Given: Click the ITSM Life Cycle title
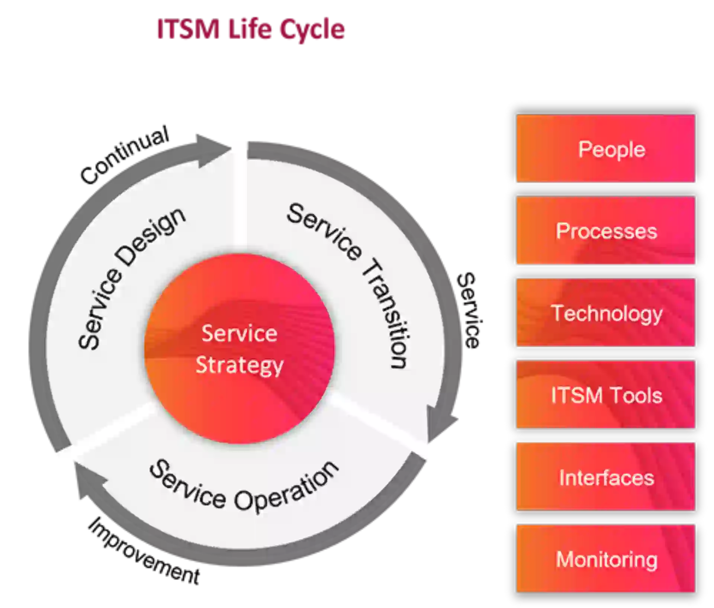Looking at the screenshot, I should click(250, 30).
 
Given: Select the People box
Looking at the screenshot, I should click(606, 149).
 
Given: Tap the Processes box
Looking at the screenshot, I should click(606, 231).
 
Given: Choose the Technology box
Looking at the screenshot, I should click(606, 313).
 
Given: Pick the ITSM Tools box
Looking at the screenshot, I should click(606, 395).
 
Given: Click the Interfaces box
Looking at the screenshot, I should click(606, 477).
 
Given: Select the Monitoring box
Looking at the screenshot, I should click(606, 559).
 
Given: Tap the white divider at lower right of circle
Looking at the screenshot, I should click(383, 424).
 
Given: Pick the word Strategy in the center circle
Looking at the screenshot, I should click(239, 365).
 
